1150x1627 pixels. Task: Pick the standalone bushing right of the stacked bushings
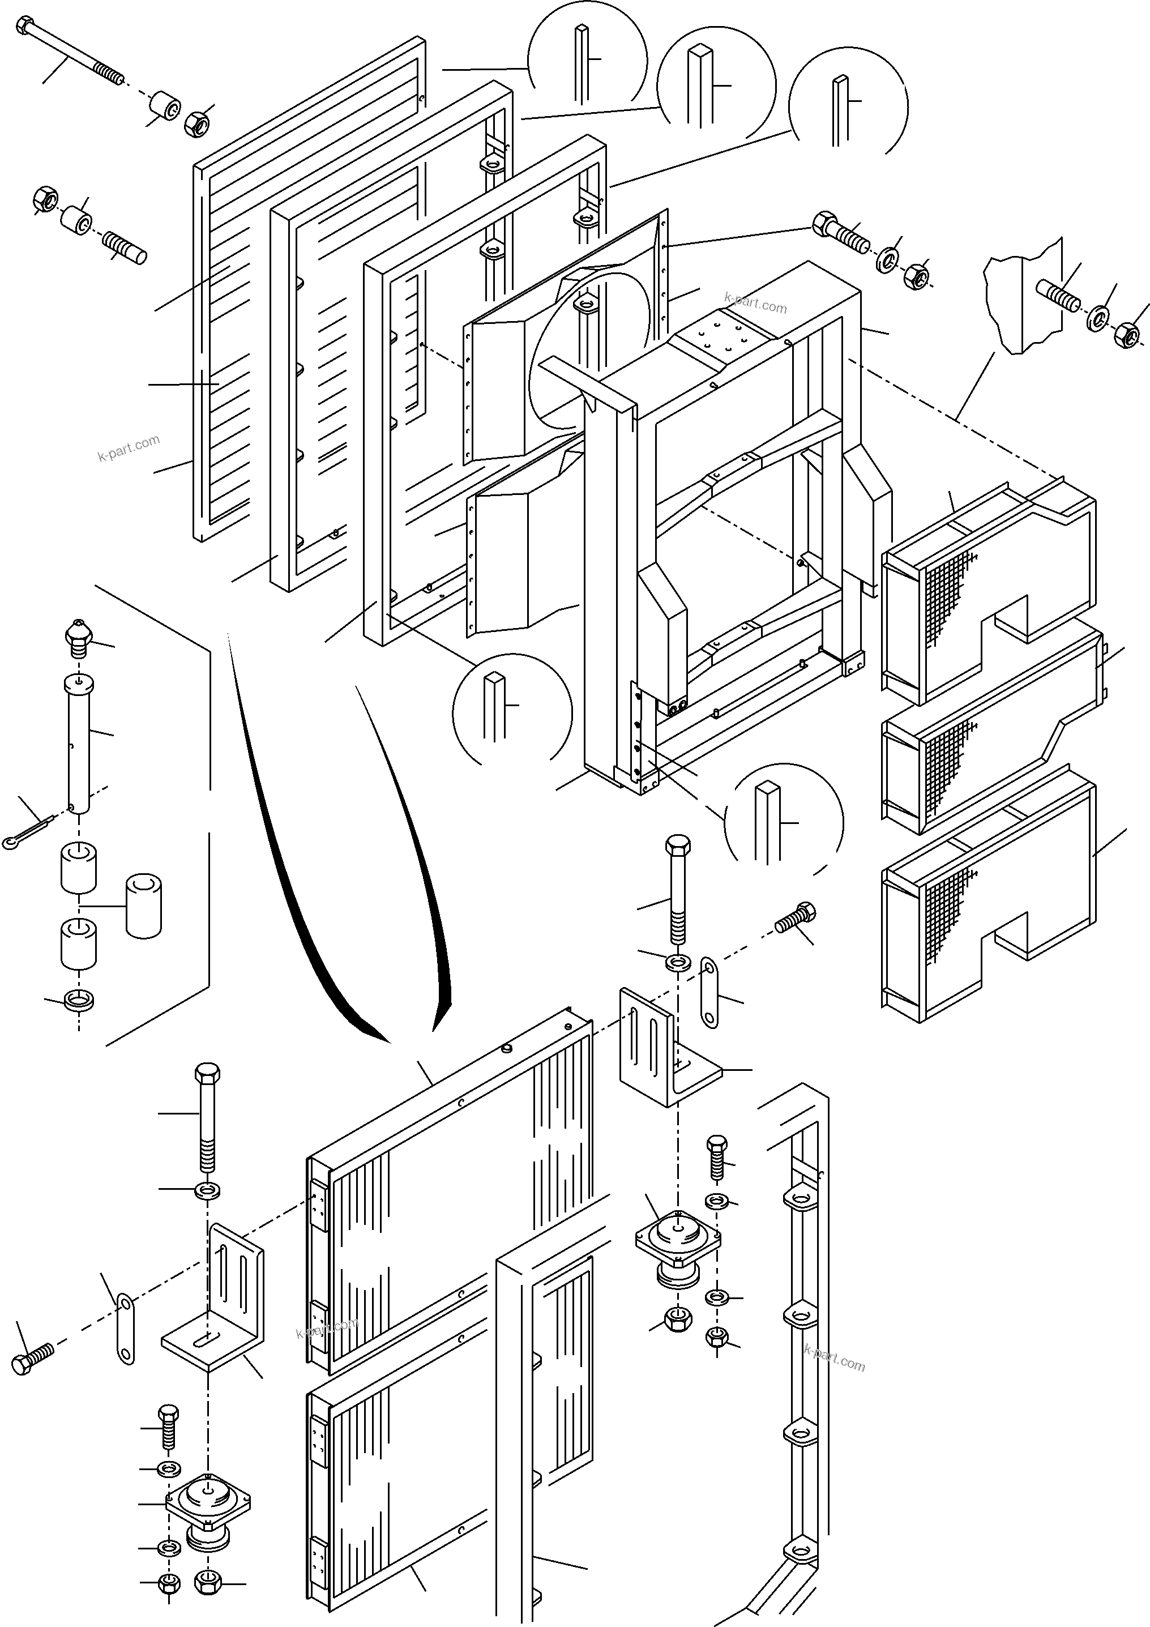tap(144, 906)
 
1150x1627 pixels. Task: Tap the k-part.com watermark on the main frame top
tap(755, 305)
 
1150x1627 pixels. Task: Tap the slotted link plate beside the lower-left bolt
tap(125, 1330)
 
